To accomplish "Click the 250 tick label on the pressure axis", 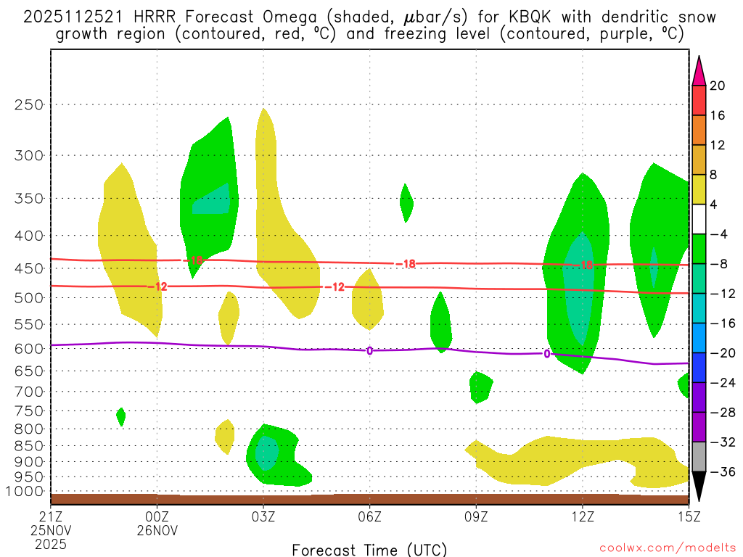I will pos(30,104).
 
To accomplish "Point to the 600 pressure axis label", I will pos(30,348).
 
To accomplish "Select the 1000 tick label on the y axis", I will pos(26,492).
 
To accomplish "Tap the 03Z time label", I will pos(263,516).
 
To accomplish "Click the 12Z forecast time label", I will pos(583,516).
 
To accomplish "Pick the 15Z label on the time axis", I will pos(689,516).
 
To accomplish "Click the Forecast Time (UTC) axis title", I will pos(369,549).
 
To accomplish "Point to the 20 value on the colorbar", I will pos(718,86).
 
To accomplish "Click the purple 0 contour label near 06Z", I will pos(369,351).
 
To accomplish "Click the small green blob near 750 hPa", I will pos(120,416).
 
